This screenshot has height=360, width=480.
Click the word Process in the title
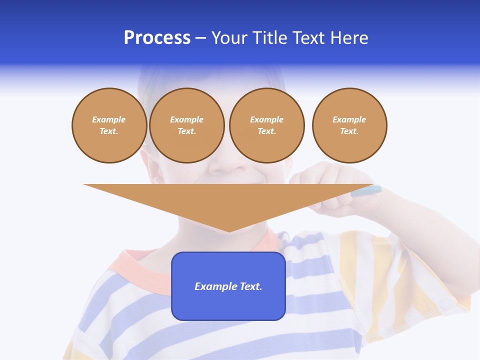[x=157, y=38]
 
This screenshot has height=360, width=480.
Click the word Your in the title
[x=230, y=38]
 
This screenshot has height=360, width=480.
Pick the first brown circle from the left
[x=109, y=125]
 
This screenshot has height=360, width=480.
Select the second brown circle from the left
[x=187, y=125]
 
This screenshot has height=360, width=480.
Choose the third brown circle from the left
[x=266, y=125]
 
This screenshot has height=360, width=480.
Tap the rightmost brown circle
[x=349, y=125]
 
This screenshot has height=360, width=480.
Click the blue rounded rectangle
[x=228, y=305]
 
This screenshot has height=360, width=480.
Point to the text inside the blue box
[x=228, y=286]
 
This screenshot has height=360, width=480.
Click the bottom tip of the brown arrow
[x=229, y=231]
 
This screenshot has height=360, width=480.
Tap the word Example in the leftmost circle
[x=109, y=119]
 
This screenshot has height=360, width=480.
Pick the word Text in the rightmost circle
[x=349, y=131]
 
